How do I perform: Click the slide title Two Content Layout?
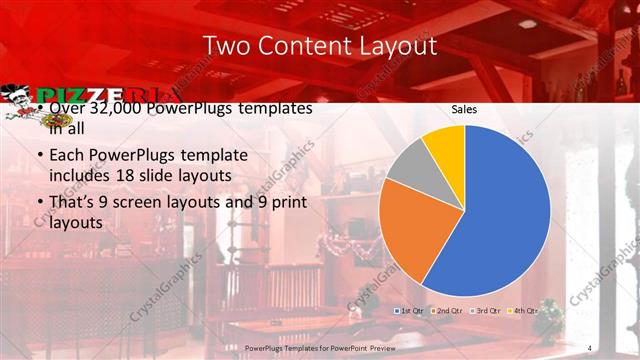coord(319,47)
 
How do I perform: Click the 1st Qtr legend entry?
coord(412,311)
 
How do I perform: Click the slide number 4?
coord(590,347)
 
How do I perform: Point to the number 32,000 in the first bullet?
coord(105,108)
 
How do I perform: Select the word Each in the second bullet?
coord(67,157)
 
